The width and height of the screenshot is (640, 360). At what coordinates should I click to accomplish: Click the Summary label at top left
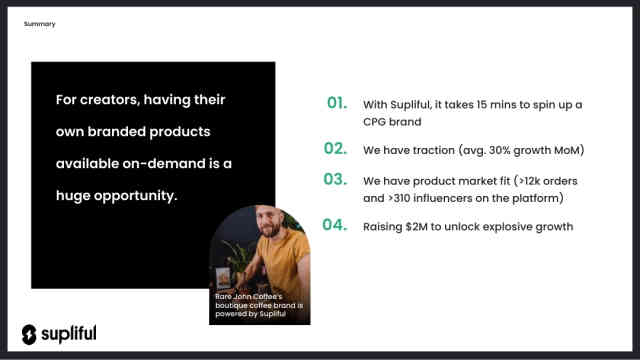pyautogui.click(x=40, y=23)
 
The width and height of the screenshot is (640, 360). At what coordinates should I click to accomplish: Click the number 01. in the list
pyautogui.click(x=337, y=103)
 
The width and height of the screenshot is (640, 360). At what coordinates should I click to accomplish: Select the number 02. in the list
pyautogui.click(x=336, y=149)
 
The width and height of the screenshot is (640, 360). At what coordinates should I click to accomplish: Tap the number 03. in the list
pyautogui.click(x=336, y=180)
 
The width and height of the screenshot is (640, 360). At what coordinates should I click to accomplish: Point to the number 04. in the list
pyautogui.click(x=336, y=225)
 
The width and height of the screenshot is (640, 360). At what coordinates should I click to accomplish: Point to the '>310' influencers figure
pyautogui.click(x=402, y=198)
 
